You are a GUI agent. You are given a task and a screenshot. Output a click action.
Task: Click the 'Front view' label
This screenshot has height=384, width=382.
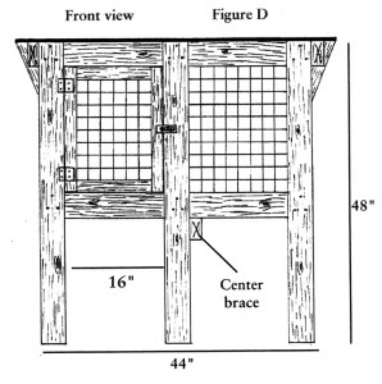[x=99, y=16]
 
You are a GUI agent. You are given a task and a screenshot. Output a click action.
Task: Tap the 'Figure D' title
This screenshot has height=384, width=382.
[x=240, y=15]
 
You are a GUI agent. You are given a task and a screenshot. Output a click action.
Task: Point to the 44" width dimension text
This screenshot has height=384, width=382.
[x=182, y=364]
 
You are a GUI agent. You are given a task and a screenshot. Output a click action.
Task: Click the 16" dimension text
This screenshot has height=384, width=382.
[x=121, y=282]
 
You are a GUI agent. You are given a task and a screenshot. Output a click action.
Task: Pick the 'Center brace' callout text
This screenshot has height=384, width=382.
[x=242, y=294]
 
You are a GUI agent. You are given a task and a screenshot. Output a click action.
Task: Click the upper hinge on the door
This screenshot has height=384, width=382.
[x=66, y=85]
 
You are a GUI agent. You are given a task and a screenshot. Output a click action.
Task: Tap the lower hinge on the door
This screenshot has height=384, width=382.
[x=67, y=174]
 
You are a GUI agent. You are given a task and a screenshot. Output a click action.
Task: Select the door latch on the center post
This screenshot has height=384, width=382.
[x=167, y=129]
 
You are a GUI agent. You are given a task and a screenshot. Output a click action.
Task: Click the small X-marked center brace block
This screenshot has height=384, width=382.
[x=197, y=229]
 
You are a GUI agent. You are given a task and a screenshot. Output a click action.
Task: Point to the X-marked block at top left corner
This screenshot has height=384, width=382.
[x=33, y=54]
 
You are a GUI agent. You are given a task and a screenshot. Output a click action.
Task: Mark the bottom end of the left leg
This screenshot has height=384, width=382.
[x=53, y=343]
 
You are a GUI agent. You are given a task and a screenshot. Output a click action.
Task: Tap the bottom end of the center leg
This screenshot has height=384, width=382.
[x=178, y=342]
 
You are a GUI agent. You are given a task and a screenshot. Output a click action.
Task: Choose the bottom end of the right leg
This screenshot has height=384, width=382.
[x=302, y=341]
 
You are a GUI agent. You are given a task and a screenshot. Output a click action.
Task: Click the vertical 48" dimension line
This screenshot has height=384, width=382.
[x=350, y=193]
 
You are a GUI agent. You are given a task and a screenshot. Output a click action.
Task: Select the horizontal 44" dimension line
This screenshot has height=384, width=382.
[x=181, y=351]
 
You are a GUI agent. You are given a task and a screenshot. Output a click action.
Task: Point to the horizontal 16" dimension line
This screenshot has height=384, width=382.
[x=118, y=268]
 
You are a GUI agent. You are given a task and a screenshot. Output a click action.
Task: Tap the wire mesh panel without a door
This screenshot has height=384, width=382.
[x=238, y=129]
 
